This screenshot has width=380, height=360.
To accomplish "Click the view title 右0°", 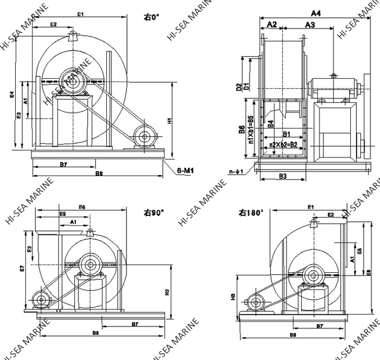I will pyautogui.click(x=152, y=17).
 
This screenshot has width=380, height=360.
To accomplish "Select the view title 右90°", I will pyautogui.click(x=153, y=212).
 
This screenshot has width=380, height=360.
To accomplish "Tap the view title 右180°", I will pyautogui.click(x=251, y=212).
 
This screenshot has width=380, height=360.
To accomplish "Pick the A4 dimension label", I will pyautogui.click(x=316, y=12).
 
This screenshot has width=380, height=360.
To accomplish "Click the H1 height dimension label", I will pyautogui.click(x=170, y=120).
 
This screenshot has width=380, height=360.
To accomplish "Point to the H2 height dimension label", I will pyautogui.click(x=167, y=292).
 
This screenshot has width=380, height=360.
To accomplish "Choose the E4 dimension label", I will pyautogui.click(x=12, y=96).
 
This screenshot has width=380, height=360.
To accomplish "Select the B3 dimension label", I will pyautogui.click(x=283, y=177).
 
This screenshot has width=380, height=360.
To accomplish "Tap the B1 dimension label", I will pyautogui.click(x=285, y=134).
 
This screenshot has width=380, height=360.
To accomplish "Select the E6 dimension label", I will pyautogui.click(x=82, y=207).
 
